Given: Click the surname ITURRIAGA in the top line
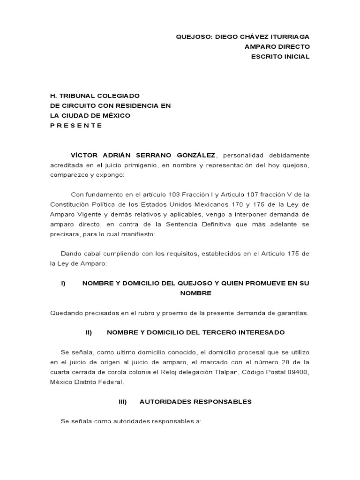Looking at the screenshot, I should [287, 37].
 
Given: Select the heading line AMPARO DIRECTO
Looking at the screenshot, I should [277, 46].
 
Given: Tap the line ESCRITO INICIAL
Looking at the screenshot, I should [281, 56].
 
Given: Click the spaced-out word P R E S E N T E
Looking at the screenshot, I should [76, 125].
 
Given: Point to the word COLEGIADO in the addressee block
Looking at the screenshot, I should [119, 96].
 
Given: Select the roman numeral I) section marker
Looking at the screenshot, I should [63, 283].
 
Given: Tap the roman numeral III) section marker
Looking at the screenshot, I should [122, 402].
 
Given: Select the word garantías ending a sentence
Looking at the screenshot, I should [292, 313].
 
